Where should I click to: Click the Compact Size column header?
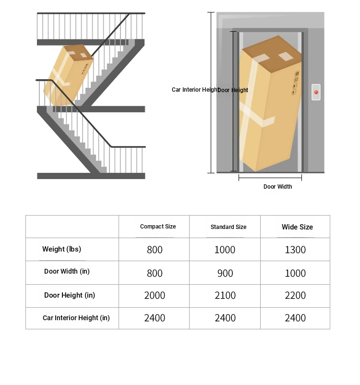(x=158, y=227)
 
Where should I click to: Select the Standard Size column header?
(x=228, y=227)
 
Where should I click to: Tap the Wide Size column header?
(x=297, y=227)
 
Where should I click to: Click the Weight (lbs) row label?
(x=61, y=249)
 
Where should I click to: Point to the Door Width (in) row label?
(x=67, y=272)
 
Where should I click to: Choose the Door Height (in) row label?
(x=70, y=295)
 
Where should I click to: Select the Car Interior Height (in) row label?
(x=76, y=318)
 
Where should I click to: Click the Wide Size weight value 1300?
(x=295, y=250)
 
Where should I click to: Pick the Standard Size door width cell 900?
(x=225, y=273)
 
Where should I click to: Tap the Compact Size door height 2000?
(x=155, y=296)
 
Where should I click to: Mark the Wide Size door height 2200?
(x=295, y=296)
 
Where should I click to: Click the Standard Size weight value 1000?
(x=225, y=250)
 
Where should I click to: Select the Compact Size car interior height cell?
(x=155, y=318)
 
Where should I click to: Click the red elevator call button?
(x=316, y=92)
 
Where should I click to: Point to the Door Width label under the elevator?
(x=277, y=187)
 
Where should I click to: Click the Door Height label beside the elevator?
(x=234, y=90)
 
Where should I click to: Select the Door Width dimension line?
(x=270, y=178)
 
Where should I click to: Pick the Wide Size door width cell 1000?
(x=295, y=273)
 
